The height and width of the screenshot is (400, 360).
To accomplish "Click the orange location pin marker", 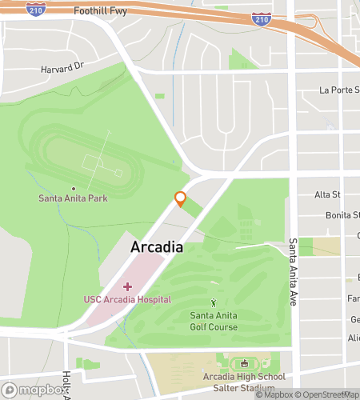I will click(180, 198).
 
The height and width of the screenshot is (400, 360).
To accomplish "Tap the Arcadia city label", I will click(157, 247).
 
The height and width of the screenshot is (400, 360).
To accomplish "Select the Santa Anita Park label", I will click(73, 198).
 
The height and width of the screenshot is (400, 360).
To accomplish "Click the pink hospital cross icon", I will click(127, 286).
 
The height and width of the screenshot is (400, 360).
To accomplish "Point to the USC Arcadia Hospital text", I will click(127, 299).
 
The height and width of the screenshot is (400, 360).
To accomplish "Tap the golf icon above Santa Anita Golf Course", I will click(214, 302).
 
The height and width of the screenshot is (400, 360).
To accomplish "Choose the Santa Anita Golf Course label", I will click(214, 321).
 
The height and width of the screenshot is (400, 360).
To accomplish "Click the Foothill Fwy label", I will click(101, 12).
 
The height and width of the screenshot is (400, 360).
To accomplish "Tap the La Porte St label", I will click(337, 90).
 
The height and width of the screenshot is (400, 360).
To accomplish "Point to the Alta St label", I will click(327, 194).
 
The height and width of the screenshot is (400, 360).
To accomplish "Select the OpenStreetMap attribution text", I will click(328, 394).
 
